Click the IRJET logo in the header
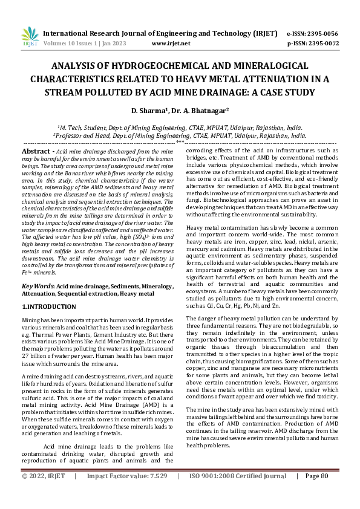pos(30,37)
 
